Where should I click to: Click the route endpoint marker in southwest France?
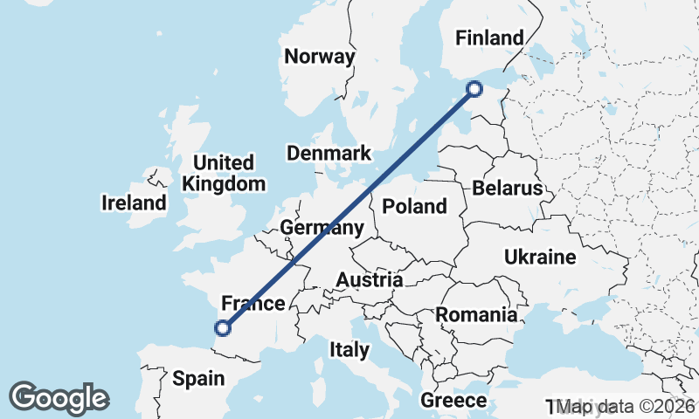pos(223,328)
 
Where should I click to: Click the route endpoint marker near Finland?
pos(474,88)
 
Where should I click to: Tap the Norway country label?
pos(320,57)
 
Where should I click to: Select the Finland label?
pos(490,38)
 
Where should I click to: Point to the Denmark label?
pos(329,154)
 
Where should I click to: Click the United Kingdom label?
pos(224,173)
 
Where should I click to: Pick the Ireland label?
pos(134,203)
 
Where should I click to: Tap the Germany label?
pos(322,229)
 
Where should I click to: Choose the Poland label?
pos(415,207)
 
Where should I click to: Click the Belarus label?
pos(507,189)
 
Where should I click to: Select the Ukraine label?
pos(540,258)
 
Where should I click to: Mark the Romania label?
pos(477,314)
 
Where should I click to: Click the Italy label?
pos(349,350)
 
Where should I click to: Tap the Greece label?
pos(453,401)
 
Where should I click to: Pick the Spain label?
pos(198,379)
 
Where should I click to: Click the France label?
pos(253,304)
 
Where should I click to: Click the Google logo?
pos(59,398)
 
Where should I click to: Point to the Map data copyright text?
pos(625,407)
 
